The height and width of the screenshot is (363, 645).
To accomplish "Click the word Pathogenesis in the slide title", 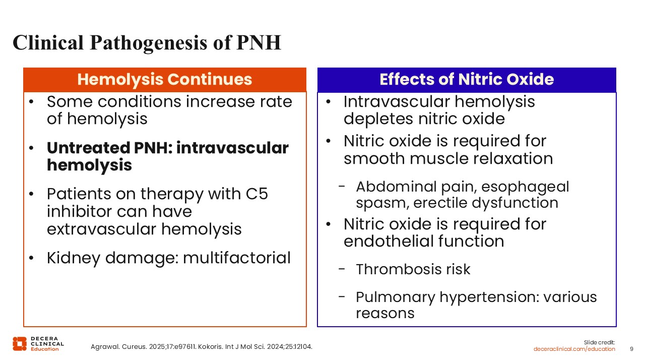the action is (x=148, y=43).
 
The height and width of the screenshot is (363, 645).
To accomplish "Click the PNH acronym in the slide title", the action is (x=259, y=43).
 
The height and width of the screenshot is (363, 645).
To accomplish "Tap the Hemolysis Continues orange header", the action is (x=165, y=80).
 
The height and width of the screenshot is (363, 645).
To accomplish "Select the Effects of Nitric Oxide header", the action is (x=467, y=80).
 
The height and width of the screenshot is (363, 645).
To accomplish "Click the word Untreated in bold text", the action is (x=89, y=148).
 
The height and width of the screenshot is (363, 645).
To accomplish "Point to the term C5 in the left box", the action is (x=257, y=194).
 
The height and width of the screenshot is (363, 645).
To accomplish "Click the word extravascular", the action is (x=101, y=229).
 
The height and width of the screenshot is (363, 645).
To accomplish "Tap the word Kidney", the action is (x=74, y=258).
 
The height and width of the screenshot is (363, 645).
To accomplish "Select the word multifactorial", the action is (x=237, y=258).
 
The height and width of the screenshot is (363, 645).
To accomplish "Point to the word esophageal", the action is (x=525, y=187).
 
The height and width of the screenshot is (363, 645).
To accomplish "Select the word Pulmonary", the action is (x=396, y=297).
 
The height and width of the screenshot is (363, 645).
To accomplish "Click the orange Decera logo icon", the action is (x=20, y=344).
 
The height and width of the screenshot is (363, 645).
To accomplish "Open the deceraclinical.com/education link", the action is (x=574, y=349).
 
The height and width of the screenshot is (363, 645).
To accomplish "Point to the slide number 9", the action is (x=631, y=349).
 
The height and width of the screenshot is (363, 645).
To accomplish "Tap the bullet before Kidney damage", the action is (x=31, y=258).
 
